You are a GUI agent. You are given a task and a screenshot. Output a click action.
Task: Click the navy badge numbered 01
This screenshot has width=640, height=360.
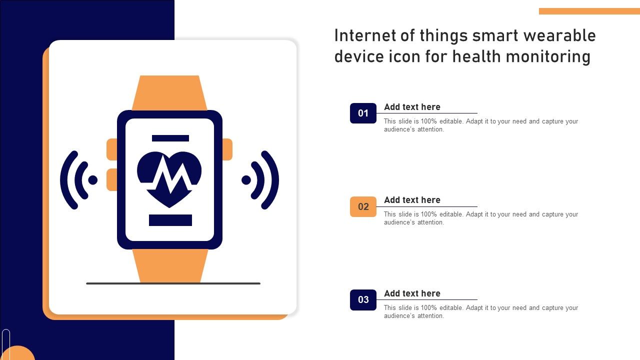pos(363,113)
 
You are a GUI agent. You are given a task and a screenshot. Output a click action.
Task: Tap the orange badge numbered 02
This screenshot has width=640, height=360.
pos(363,206)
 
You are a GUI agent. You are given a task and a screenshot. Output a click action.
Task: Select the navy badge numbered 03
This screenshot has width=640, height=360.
pos(363,299)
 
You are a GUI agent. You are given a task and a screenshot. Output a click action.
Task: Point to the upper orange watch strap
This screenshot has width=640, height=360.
pos(169,93)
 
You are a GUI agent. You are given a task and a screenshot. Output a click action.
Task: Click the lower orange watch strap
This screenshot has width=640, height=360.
pos(170,265)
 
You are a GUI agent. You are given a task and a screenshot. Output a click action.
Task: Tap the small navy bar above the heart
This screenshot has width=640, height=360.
pos(170,138)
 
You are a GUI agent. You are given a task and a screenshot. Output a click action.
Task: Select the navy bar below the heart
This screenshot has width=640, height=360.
pos(170,220)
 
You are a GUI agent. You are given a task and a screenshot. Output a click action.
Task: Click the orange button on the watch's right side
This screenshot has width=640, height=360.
pos(227,149)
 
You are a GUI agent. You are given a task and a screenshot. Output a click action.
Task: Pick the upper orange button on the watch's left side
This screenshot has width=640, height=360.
pos(111,149)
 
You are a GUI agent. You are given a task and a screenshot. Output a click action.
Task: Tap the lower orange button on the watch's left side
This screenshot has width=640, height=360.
pos(111,179)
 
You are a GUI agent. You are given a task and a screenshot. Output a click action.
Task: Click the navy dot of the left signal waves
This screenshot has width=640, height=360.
pos(93,180)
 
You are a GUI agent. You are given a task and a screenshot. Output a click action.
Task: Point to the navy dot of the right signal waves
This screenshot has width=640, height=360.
pos(246,180)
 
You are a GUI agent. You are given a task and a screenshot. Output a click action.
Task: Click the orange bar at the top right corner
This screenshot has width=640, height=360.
pos(589,11)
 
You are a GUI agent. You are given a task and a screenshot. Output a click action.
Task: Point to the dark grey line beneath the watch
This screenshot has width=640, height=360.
pos(173,283)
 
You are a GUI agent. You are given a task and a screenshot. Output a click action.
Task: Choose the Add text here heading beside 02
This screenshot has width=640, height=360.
pos(412,200)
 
